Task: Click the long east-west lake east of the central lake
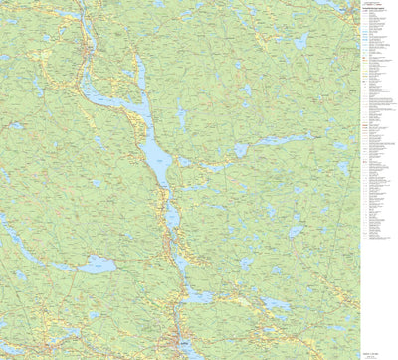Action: tap(271, 141)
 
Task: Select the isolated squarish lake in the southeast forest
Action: tap(296, 230)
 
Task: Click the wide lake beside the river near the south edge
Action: tap(196, 296)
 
